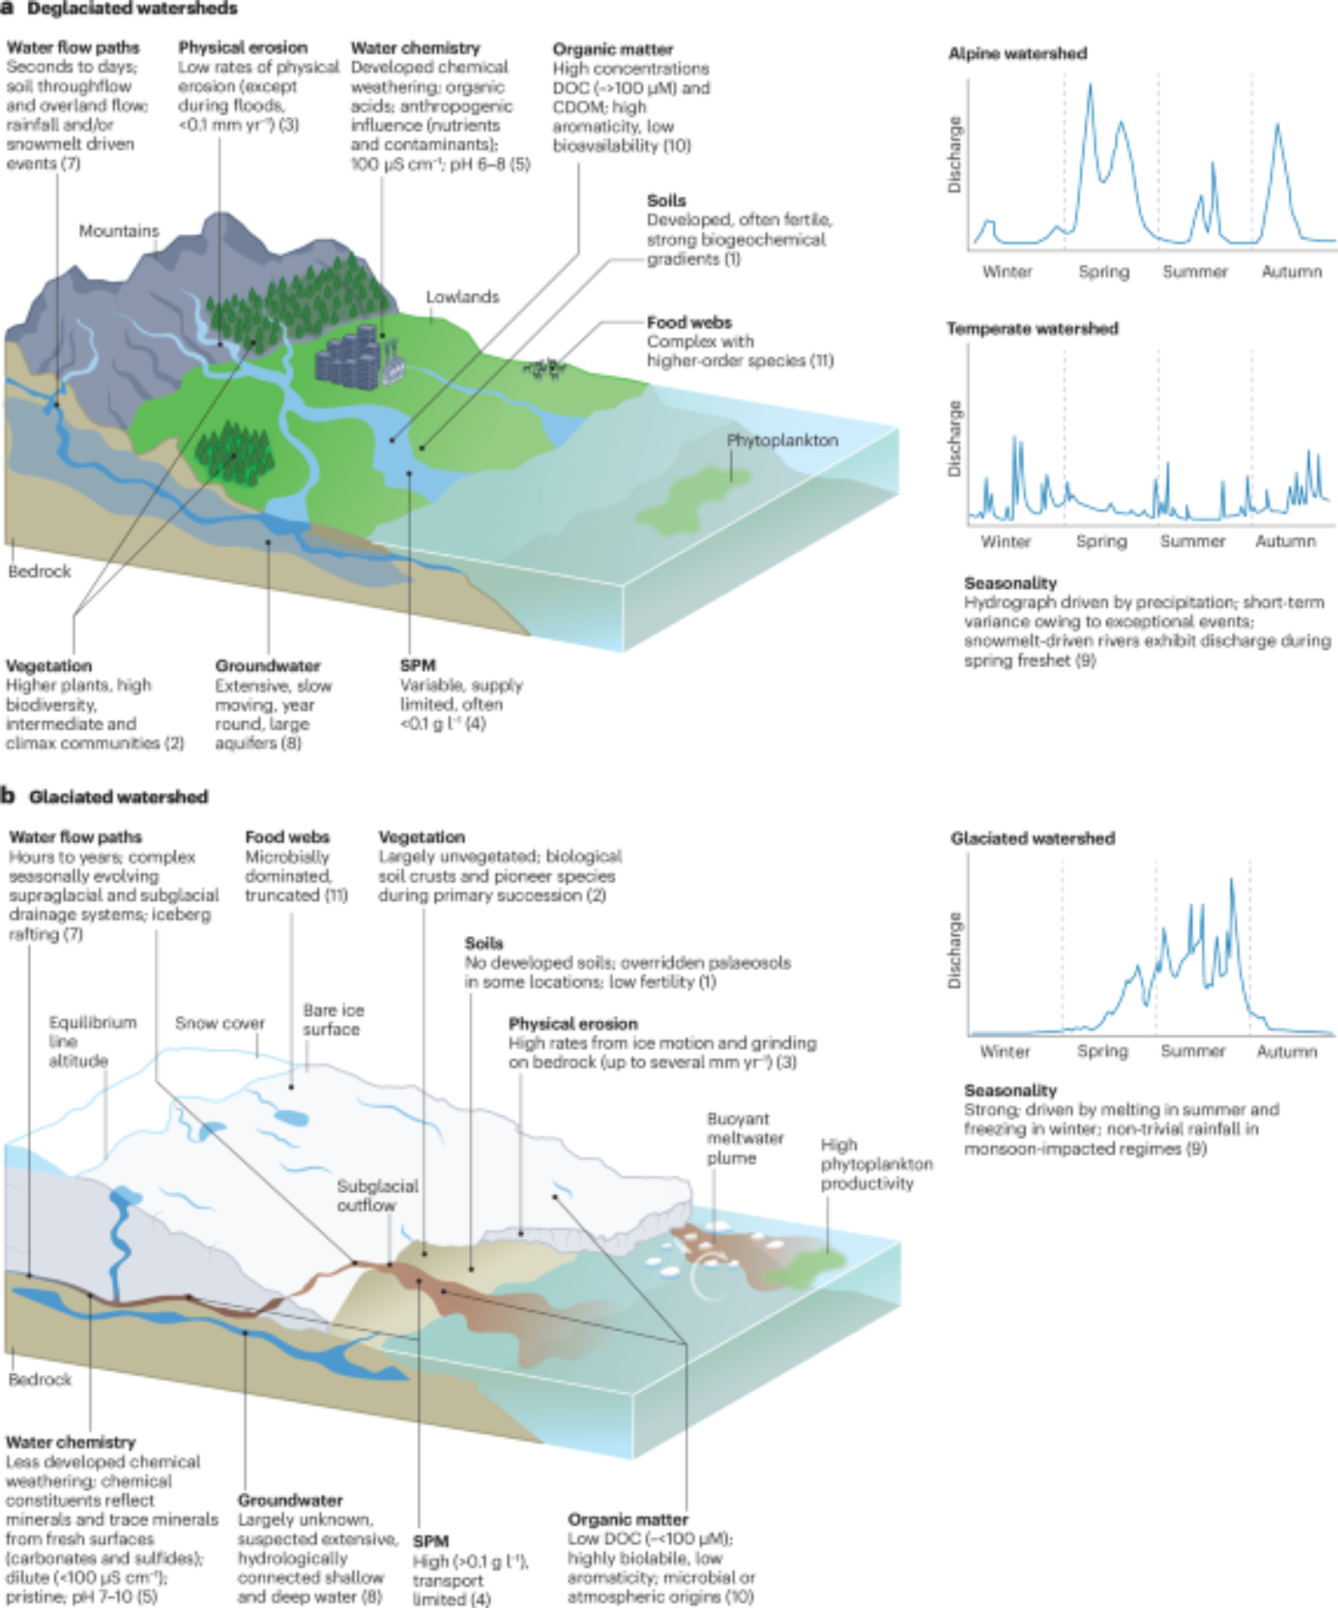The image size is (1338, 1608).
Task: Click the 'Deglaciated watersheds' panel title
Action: tap(133, 9)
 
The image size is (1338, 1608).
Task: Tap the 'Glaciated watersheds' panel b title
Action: tap(118, 797)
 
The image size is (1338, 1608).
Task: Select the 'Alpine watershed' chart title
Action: tap(1017, 54)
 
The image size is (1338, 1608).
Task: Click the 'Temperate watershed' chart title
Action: tap(1032, 329)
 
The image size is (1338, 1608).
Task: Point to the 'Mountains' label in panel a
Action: tap(119, 232)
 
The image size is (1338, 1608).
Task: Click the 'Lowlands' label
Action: tap(462, 297)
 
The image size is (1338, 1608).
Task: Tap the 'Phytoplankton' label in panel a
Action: tap(782, 441)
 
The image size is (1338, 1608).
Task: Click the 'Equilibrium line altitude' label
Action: tap(92, 1042)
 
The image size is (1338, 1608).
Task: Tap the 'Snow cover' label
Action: tap(220, 1023)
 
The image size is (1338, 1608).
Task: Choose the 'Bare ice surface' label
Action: tap(333, 1019)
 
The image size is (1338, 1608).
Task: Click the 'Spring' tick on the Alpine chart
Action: tap(1103, 272)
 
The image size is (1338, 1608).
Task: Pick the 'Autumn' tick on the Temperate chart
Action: tap(1285, 542)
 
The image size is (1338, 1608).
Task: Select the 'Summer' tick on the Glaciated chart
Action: tap(1192, 1052)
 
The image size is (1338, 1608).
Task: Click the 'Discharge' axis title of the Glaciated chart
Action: tap(954, 950)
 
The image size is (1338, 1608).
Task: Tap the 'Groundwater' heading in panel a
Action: tap(268, 666)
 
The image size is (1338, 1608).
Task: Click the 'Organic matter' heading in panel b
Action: tap(627, 1520)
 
